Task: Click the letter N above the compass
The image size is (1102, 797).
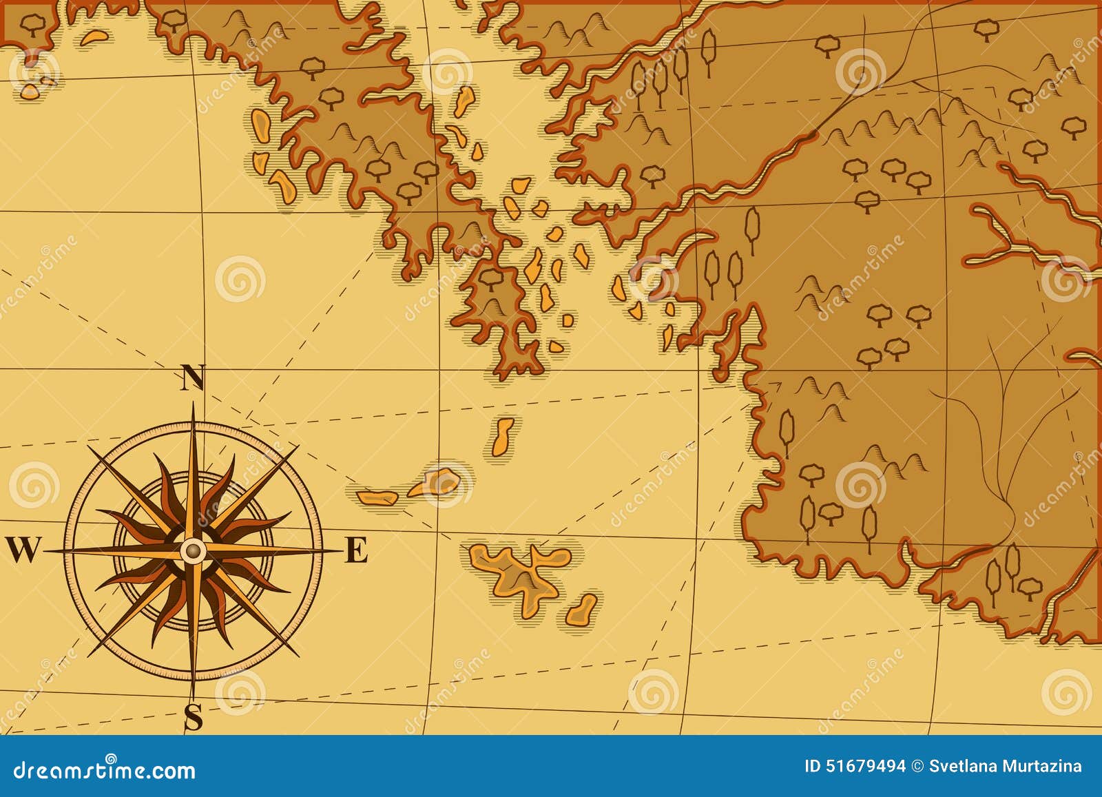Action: pyautogui.click(x=193, y=377)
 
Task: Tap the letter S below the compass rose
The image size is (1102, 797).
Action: pyautogui.click(x=194, y=718)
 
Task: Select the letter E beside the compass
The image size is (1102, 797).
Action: pyautogui.click(x=355, y=550)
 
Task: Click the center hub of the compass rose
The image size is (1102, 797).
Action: pyautogui.click(x=194, y=550)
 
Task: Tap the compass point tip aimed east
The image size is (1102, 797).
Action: pyautogui.click(x=340, y=550)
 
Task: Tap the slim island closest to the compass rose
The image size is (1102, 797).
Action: pyautogui.click(x=376, y=495)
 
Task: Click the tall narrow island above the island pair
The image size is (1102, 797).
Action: pyautogui.click(x=503, y=437)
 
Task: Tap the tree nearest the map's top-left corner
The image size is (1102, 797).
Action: pyautogui.click(x=32, y=24)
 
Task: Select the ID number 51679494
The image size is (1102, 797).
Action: pyautogui.click(x=865, y=765)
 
